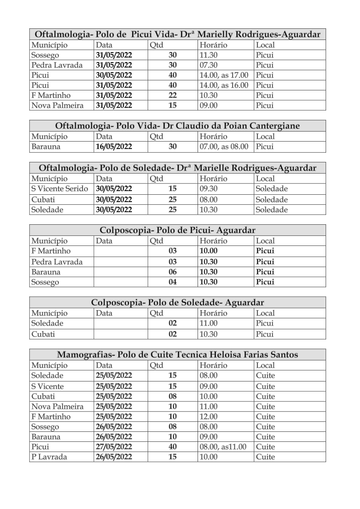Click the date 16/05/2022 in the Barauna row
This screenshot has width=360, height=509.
114,147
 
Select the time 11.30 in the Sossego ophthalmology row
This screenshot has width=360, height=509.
207,55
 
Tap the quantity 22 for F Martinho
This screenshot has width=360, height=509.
172,96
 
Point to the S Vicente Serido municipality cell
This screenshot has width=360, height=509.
60,189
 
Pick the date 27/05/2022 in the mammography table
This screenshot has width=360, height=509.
114,447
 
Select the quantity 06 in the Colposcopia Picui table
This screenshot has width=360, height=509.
172,272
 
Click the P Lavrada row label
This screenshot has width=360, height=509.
47,457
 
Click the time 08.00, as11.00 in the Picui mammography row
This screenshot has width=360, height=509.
223,447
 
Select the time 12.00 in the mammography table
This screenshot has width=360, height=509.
208,417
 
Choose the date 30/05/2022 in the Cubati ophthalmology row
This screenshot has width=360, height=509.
114,199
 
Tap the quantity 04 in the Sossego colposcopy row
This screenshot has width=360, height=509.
172,282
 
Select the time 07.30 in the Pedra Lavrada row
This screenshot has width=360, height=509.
208,65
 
